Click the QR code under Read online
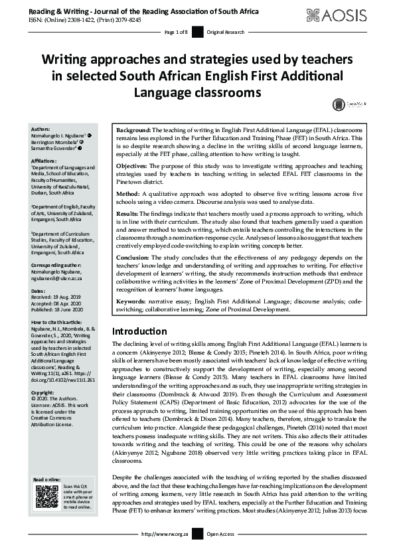pyautogui.click(x=46, y=497)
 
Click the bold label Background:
pyautogui.click(x=134, y=130)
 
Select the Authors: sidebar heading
pyautogui.click(x=41, y=129)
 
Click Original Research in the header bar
pyautogui.click(x=226, y=32)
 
